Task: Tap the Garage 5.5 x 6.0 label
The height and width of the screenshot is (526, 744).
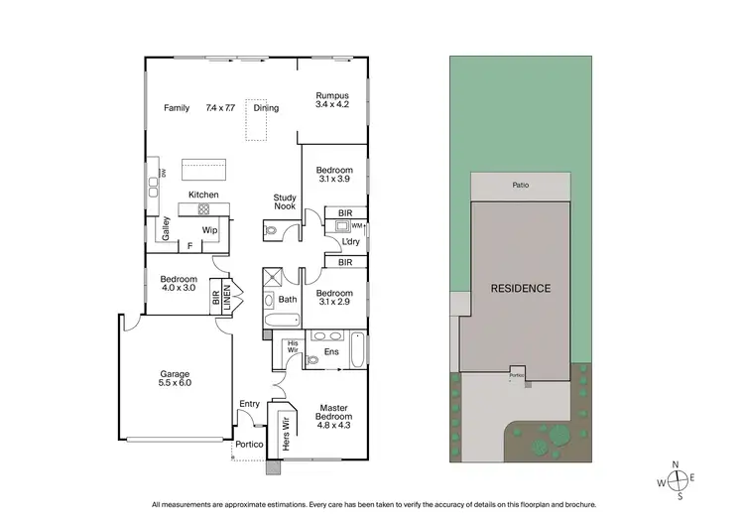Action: (174, 378)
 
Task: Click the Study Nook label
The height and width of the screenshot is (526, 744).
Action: (285, 202)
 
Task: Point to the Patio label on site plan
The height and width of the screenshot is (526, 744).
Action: (520, 185)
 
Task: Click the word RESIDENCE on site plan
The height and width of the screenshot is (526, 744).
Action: (520, 289)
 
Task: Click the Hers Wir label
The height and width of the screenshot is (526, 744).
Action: (288, 435)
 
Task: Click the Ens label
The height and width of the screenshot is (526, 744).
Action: (331, 351)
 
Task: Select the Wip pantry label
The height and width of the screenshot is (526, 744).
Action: (209, 230)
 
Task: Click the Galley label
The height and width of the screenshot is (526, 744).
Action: (166, 230)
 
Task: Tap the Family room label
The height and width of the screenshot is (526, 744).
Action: (176, 107)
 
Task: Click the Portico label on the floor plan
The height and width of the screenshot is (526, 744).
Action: (249, 444)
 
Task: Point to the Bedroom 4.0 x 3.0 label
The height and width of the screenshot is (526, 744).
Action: (179, 285)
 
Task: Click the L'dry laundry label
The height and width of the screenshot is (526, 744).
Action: (350, 241)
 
